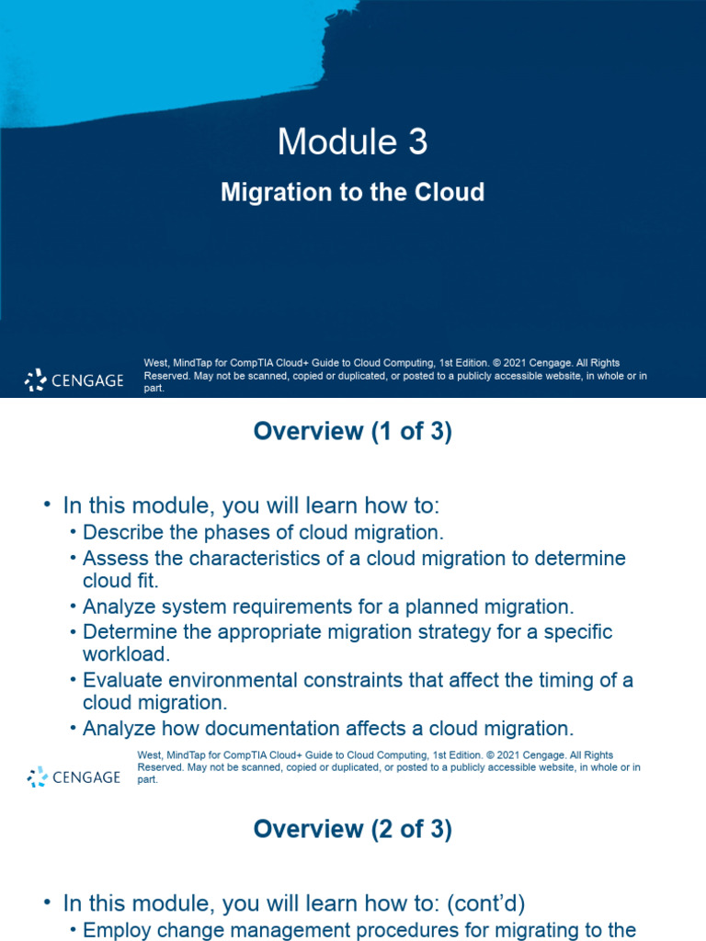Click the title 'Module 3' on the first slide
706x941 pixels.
tap(352, 142)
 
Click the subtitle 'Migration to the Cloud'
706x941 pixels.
tap(352, 192)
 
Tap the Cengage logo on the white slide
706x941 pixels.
tap(74, 777)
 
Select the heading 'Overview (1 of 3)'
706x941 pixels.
tap(352, 433)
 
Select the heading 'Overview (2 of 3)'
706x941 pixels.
tap(352, 829)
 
